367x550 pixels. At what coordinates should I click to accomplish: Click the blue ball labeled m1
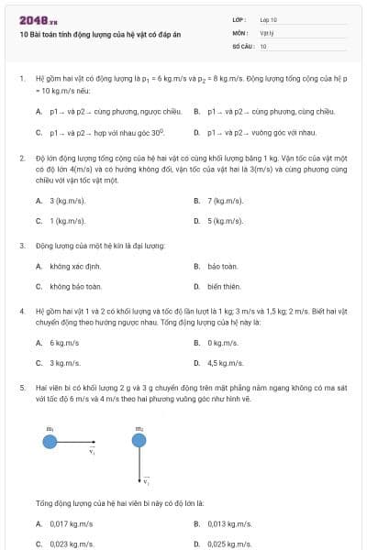[50, 442]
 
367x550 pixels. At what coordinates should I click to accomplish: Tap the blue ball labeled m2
[139, 442]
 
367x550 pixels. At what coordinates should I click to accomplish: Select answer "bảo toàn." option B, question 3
[223, 266]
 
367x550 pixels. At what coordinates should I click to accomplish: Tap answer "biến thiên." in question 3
[224, 287]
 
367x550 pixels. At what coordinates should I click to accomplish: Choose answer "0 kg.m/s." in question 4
[223, 343]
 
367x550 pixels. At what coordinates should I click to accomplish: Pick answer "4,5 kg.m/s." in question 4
[226, 364]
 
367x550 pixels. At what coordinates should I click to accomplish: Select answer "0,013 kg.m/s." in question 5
[230, 523]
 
